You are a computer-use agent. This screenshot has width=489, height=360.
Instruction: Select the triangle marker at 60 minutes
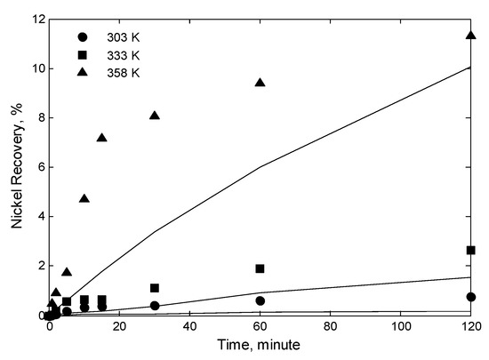(x=261, y=82)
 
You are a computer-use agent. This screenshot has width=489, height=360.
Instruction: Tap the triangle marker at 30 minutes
(x=155, y=115)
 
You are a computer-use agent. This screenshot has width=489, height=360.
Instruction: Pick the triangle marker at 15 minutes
(x=101, y=137)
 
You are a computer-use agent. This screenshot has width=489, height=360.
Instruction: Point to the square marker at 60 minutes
(x=260, y=268)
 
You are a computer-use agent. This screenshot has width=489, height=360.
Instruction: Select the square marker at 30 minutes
(x=155, y=288)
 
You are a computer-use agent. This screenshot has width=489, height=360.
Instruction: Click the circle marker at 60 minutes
(x=260, y=300)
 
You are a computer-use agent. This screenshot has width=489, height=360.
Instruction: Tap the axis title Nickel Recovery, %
(x=16, y=166)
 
